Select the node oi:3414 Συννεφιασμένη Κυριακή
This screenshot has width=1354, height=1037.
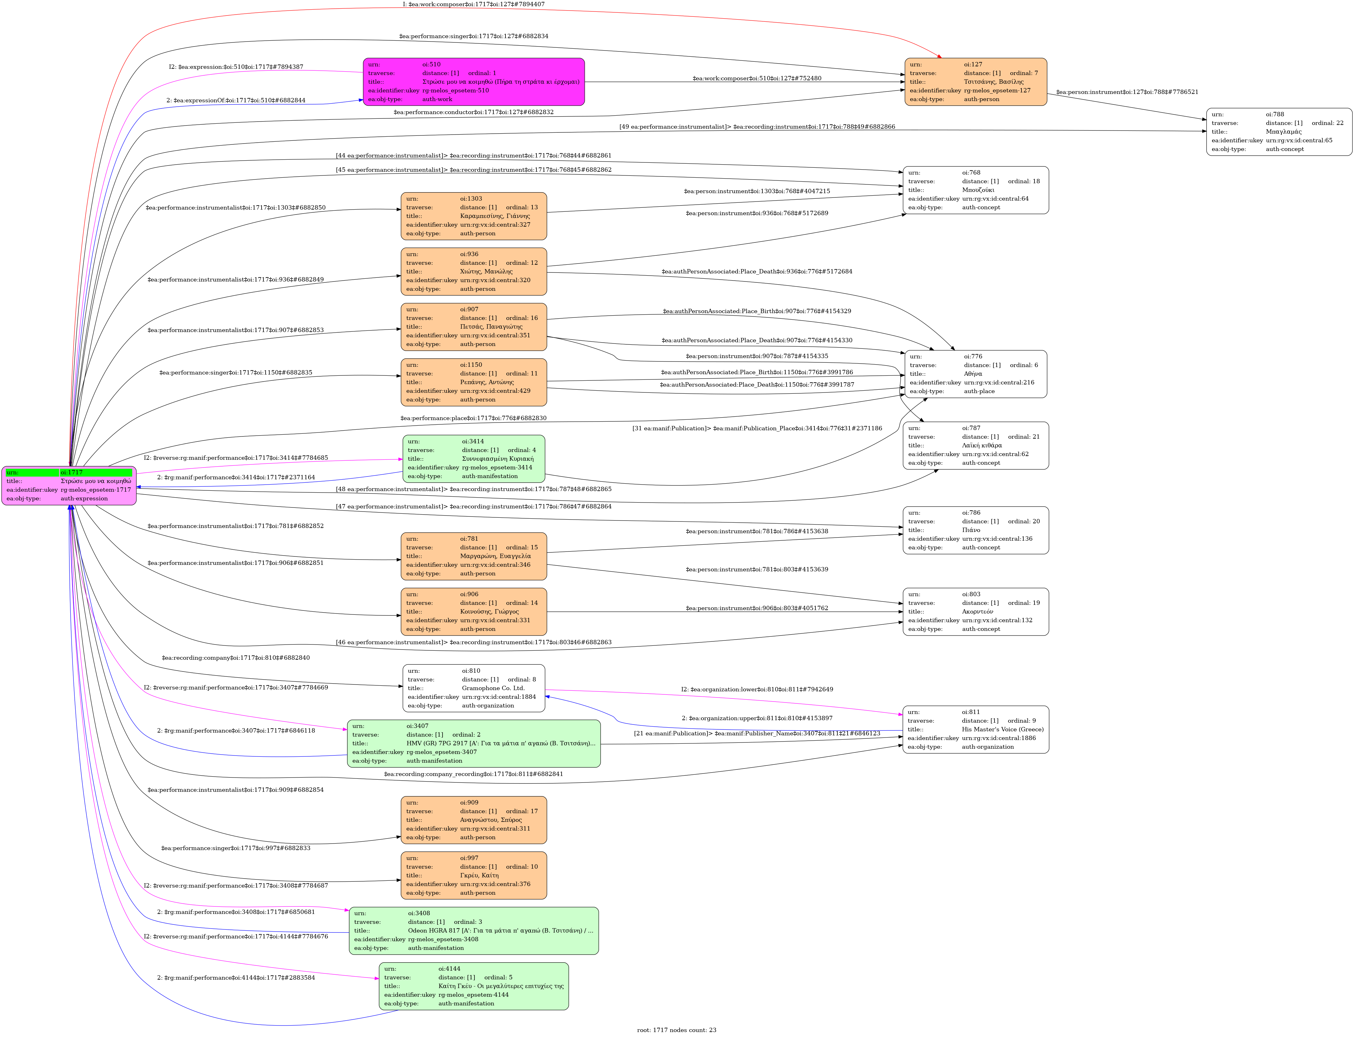coord(473,459)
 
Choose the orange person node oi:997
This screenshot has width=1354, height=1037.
coord(473,875)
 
